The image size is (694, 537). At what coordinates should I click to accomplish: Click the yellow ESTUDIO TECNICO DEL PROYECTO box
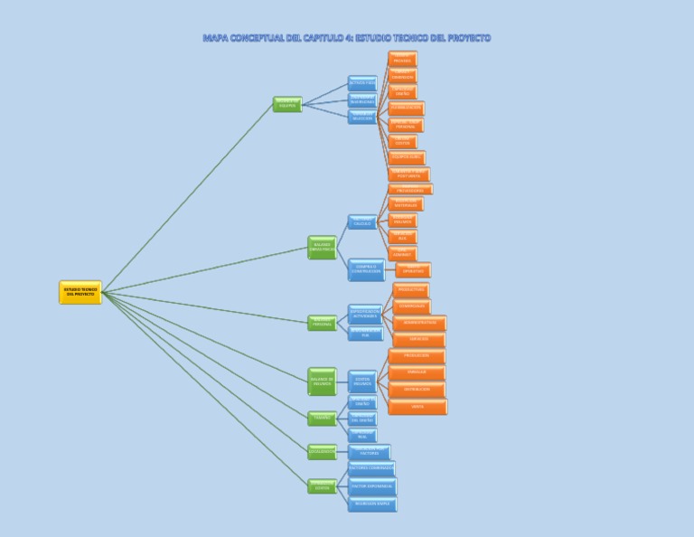[80, 292]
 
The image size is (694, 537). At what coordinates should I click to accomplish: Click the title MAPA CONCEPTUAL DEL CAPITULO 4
[347, 38]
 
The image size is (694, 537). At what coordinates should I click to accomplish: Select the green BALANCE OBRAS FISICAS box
[322, 247]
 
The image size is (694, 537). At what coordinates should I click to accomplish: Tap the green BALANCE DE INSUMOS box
[322, 381]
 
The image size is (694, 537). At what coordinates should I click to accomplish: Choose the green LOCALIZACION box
[322, 450]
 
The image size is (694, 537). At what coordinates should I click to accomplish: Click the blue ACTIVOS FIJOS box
[361, 83]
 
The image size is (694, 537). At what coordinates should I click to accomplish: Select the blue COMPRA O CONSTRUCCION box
[366, 268]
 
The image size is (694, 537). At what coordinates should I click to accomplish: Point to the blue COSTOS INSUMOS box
[361, 381]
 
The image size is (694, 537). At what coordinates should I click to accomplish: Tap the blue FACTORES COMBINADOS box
[370, 468]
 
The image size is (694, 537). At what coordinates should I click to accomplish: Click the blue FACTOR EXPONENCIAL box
[370, 485]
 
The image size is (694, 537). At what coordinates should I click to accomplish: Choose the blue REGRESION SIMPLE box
[370, 503]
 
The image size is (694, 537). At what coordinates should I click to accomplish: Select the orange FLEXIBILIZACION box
[406, 108]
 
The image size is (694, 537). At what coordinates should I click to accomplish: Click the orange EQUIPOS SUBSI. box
[406, 157]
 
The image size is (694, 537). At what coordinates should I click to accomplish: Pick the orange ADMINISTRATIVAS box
[419, 322]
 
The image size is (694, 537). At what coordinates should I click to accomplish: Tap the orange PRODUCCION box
[417, 355]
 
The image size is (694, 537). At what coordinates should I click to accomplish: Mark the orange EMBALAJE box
[417, 372]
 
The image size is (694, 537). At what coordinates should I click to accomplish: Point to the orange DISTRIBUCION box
[417, 389]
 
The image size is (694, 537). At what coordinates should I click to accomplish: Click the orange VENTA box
[417, 406]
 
